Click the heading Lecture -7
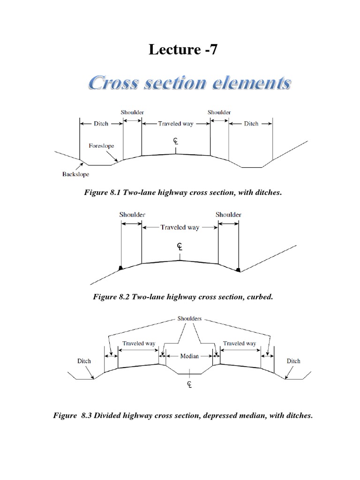pos(183,50)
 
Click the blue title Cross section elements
pos(190,85)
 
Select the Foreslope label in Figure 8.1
pos(102,146)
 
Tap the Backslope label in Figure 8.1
pos(75,174)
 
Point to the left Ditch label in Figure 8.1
pos(101,124)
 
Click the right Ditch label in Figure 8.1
pos(251,124)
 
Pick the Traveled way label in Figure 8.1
pos(176,124)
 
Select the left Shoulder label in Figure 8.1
pos(132,112)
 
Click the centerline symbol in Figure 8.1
pos(175,142)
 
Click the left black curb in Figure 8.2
pos(121,268)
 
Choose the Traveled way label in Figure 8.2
pos(180,227)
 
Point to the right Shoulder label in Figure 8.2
pos(228,215)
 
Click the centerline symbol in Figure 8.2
pos(180,247)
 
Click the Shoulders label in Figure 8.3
pos(189,318)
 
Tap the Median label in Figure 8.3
pos(189,356)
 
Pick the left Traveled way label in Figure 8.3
pos(139,344)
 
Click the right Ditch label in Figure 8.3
pos(293,361)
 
